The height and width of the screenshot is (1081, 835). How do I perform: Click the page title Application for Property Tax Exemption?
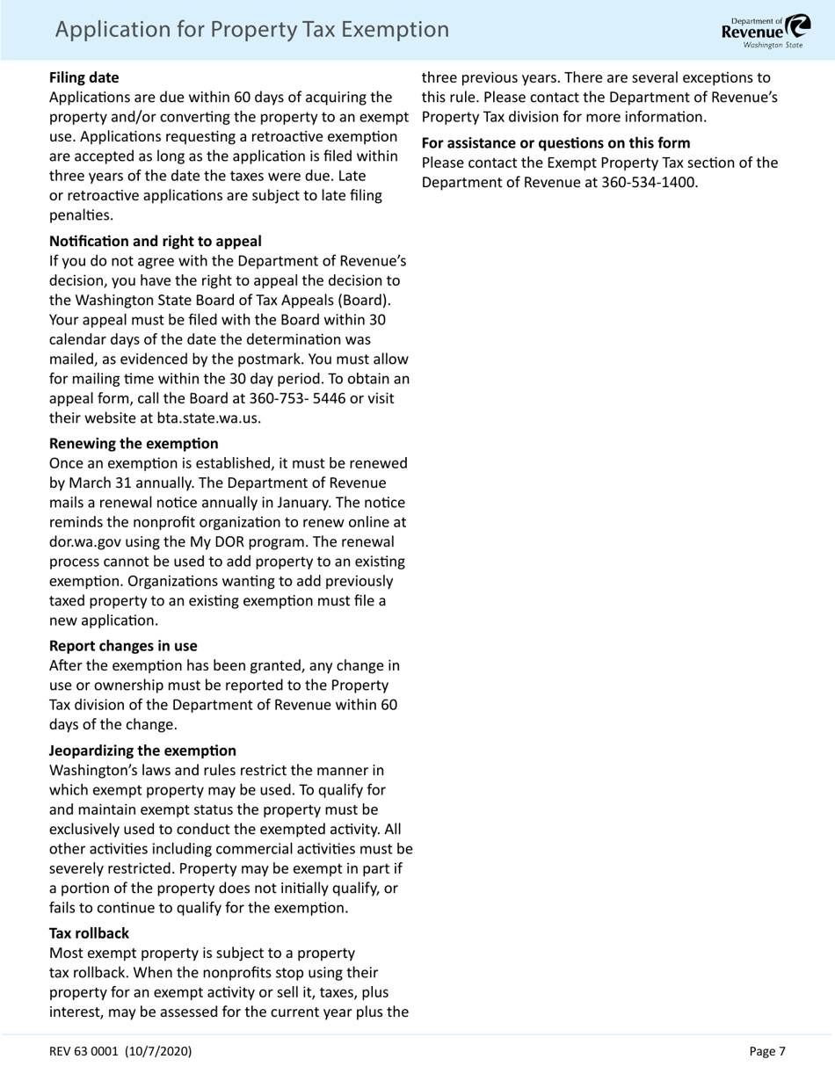(251, 30)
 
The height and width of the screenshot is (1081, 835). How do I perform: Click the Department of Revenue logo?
(766, 30)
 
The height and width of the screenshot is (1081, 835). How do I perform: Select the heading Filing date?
(83, 77)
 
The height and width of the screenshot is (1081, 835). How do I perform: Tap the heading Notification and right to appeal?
(155, 241)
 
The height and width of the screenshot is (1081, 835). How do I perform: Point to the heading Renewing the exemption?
(134, 443)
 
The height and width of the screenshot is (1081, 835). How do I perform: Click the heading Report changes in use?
(123, 646)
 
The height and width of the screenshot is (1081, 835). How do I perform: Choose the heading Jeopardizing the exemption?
(142, 751)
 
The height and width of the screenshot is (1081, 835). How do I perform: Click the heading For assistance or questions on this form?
(555, 142)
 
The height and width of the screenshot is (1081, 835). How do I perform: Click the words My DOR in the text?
(236, 541)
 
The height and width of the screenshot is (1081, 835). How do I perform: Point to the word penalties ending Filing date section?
(81, 214)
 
